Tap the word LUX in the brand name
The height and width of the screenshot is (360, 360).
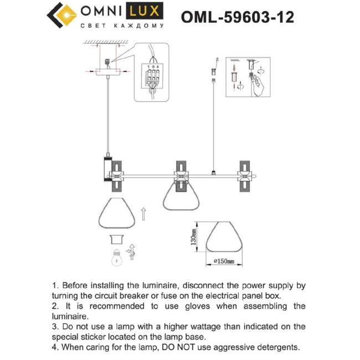(x=146, y=11)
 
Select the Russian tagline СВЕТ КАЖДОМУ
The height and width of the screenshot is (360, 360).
(x=122, y=26)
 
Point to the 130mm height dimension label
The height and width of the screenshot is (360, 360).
(x=193, y=237)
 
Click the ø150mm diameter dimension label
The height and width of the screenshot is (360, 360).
(x=224, y=261)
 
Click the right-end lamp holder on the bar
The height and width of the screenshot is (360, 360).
(x=244, y=176)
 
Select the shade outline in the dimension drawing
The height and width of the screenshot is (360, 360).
(x=224, y=236)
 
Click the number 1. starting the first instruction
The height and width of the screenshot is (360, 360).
(x=55, y=286)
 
